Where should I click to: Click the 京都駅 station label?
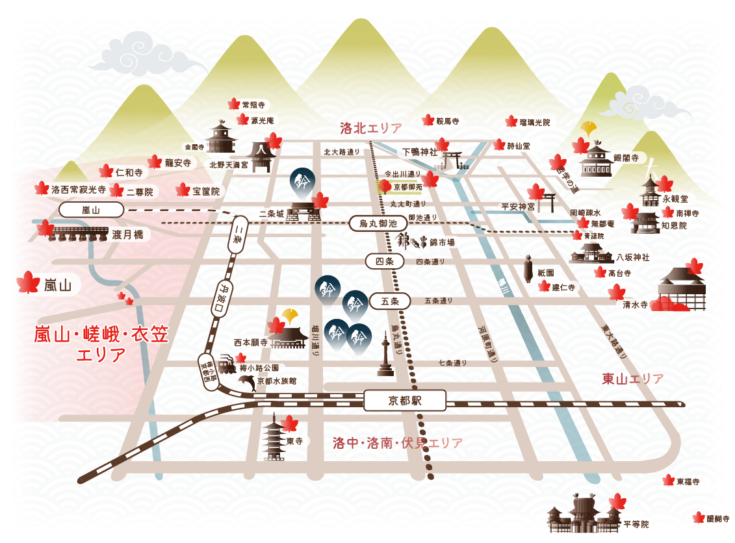point(404,401)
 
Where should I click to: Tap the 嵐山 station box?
point(92,210)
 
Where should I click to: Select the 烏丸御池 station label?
point(377,224)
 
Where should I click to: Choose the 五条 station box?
point(389,301)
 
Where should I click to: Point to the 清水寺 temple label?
point(635,304)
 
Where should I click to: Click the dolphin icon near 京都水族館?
point(247,382)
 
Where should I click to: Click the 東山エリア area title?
point(632,379)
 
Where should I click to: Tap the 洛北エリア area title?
point(371,127)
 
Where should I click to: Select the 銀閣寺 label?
point(626,158)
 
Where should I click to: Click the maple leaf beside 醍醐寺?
point(699,518)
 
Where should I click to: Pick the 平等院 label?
point(636,524)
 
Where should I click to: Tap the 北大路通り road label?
point(342,152)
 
